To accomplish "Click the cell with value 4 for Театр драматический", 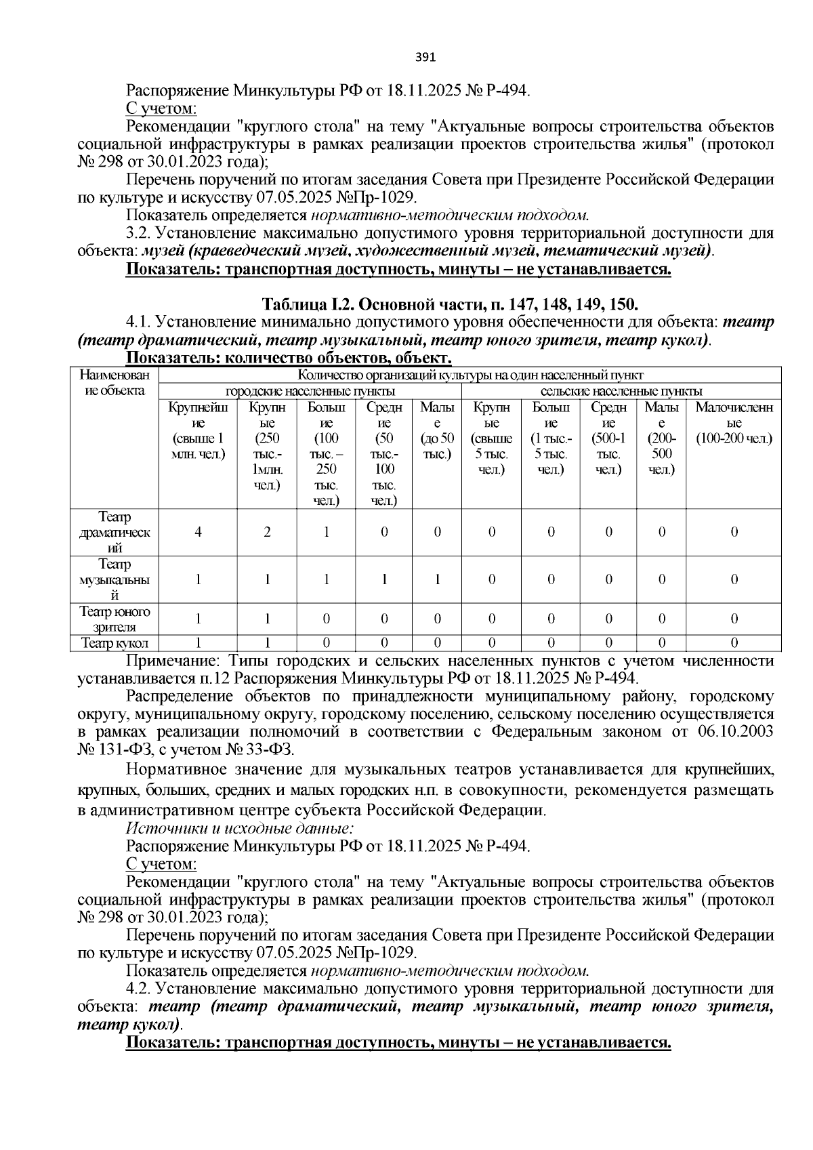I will (198, 532).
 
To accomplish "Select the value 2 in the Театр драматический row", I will (267, 532).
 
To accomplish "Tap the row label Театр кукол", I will (114, 643).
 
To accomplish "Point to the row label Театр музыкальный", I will (114, 580).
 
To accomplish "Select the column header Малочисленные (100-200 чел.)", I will (734, 423).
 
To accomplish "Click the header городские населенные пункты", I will (310, 391).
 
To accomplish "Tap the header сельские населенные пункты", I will (621, 391).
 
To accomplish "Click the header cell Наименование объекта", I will (114, 383).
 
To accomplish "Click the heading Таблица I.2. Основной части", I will (449, 302).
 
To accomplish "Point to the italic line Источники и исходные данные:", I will (241, 828).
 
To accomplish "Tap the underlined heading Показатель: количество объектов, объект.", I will (289, 358).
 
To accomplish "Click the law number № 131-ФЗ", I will (117, 749).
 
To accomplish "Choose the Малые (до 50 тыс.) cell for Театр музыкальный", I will (437, 580).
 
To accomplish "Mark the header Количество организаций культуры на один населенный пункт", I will (470, 375).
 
